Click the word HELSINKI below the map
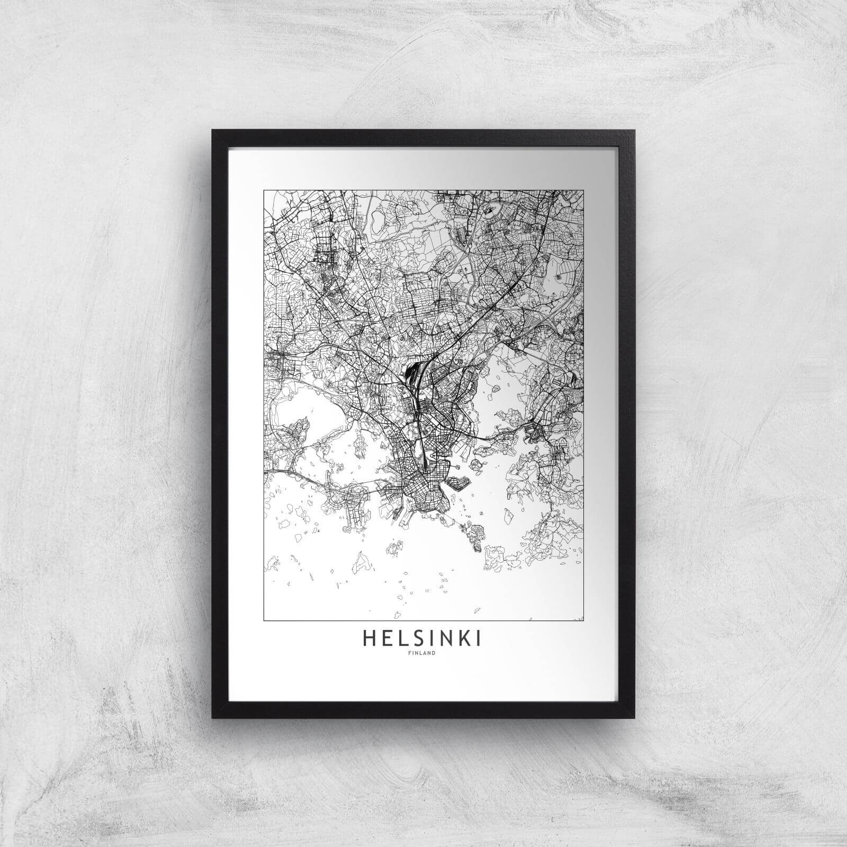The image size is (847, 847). click(422, 639)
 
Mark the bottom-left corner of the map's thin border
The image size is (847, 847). click(264, 620)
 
